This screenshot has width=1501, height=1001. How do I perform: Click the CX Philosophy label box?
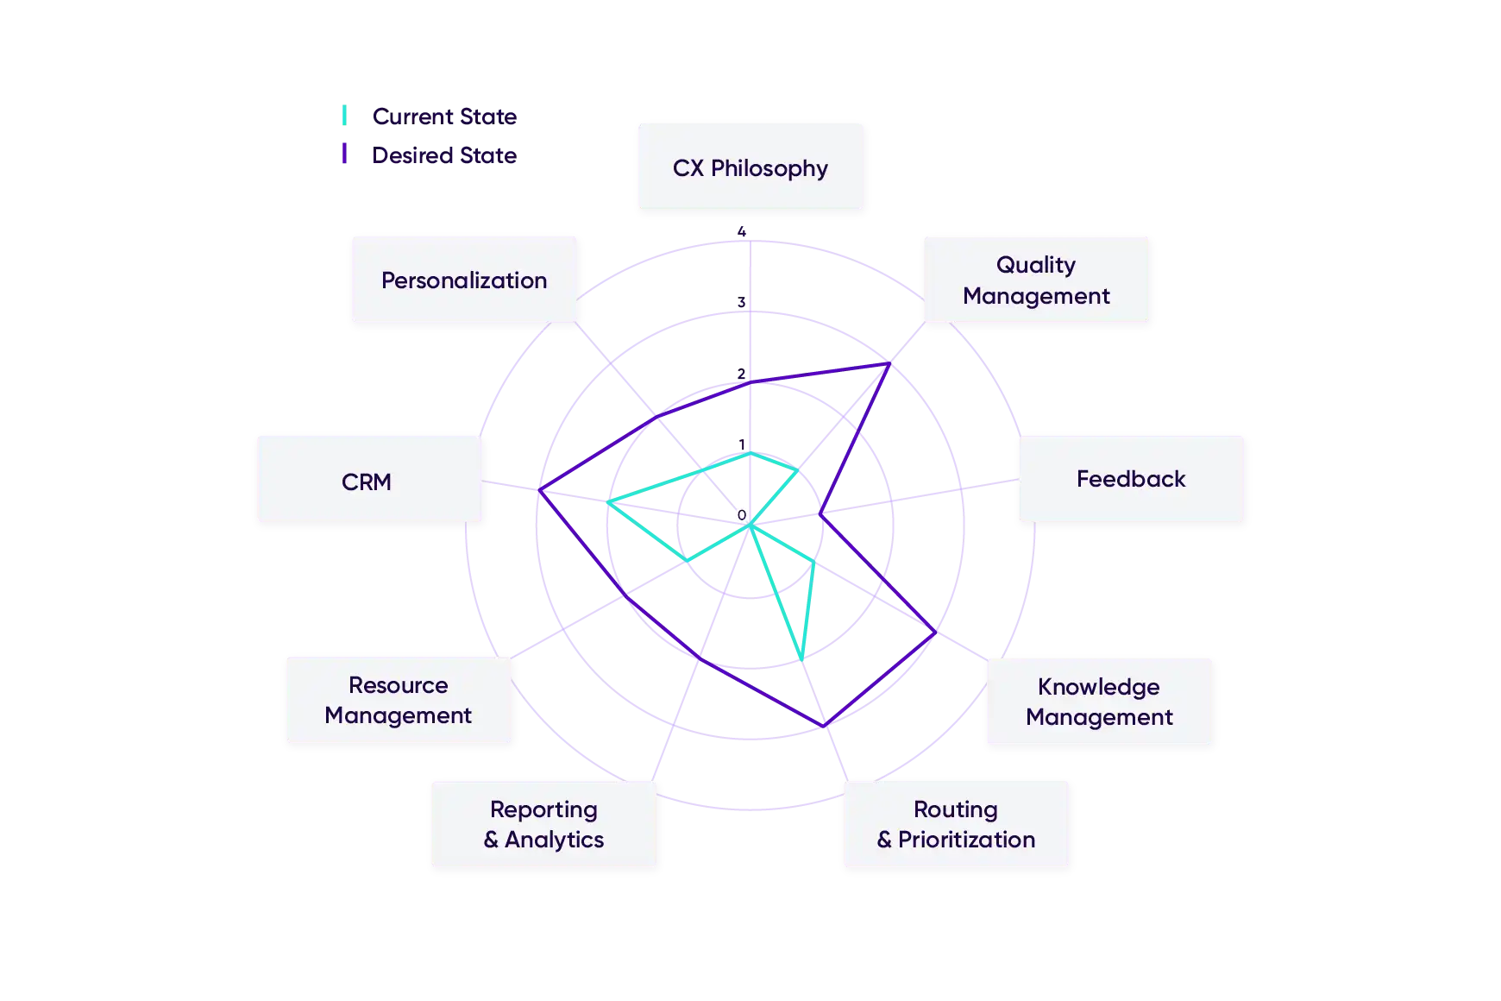(x=750, y=167)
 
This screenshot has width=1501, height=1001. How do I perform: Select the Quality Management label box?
(x=1036, y=280)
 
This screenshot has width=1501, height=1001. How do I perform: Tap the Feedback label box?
(x=1131, y=479)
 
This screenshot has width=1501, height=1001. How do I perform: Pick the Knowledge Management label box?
(x=1099, y=702)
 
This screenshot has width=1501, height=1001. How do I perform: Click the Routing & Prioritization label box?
(x=956, y=824)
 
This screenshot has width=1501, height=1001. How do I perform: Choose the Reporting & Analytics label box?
(x=543, y=824)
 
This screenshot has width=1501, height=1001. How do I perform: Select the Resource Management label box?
(x=399, y=700)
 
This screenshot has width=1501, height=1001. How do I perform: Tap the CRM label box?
(x=369, y=480)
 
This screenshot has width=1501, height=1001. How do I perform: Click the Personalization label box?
(x=464, y=280)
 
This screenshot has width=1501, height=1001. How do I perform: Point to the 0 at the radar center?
(x=742, y=515)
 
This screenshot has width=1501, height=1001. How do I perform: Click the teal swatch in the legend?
(x=345, y=116)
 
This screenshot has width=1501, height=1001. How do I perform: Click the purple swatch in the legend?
(x=345, y=154)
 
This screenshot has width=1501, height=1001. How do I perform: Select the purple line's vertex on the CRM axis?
(x=539, y=491)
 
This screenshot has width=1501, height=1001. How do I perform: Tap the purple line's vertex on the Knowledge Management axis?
(x=936, y=633)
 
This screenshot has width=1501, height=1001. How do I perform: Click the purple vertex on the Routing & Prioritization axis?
(x=825, y=727)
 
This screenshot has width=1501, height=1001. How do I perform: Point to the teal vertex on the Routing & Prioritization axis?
(x=802, y=660)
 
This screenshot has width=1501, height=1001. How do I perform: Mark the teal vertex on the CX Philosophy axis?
(x=750, y=452)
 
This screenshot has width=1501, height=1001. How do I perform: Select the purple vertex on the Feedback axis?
(x=820, y=515)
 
